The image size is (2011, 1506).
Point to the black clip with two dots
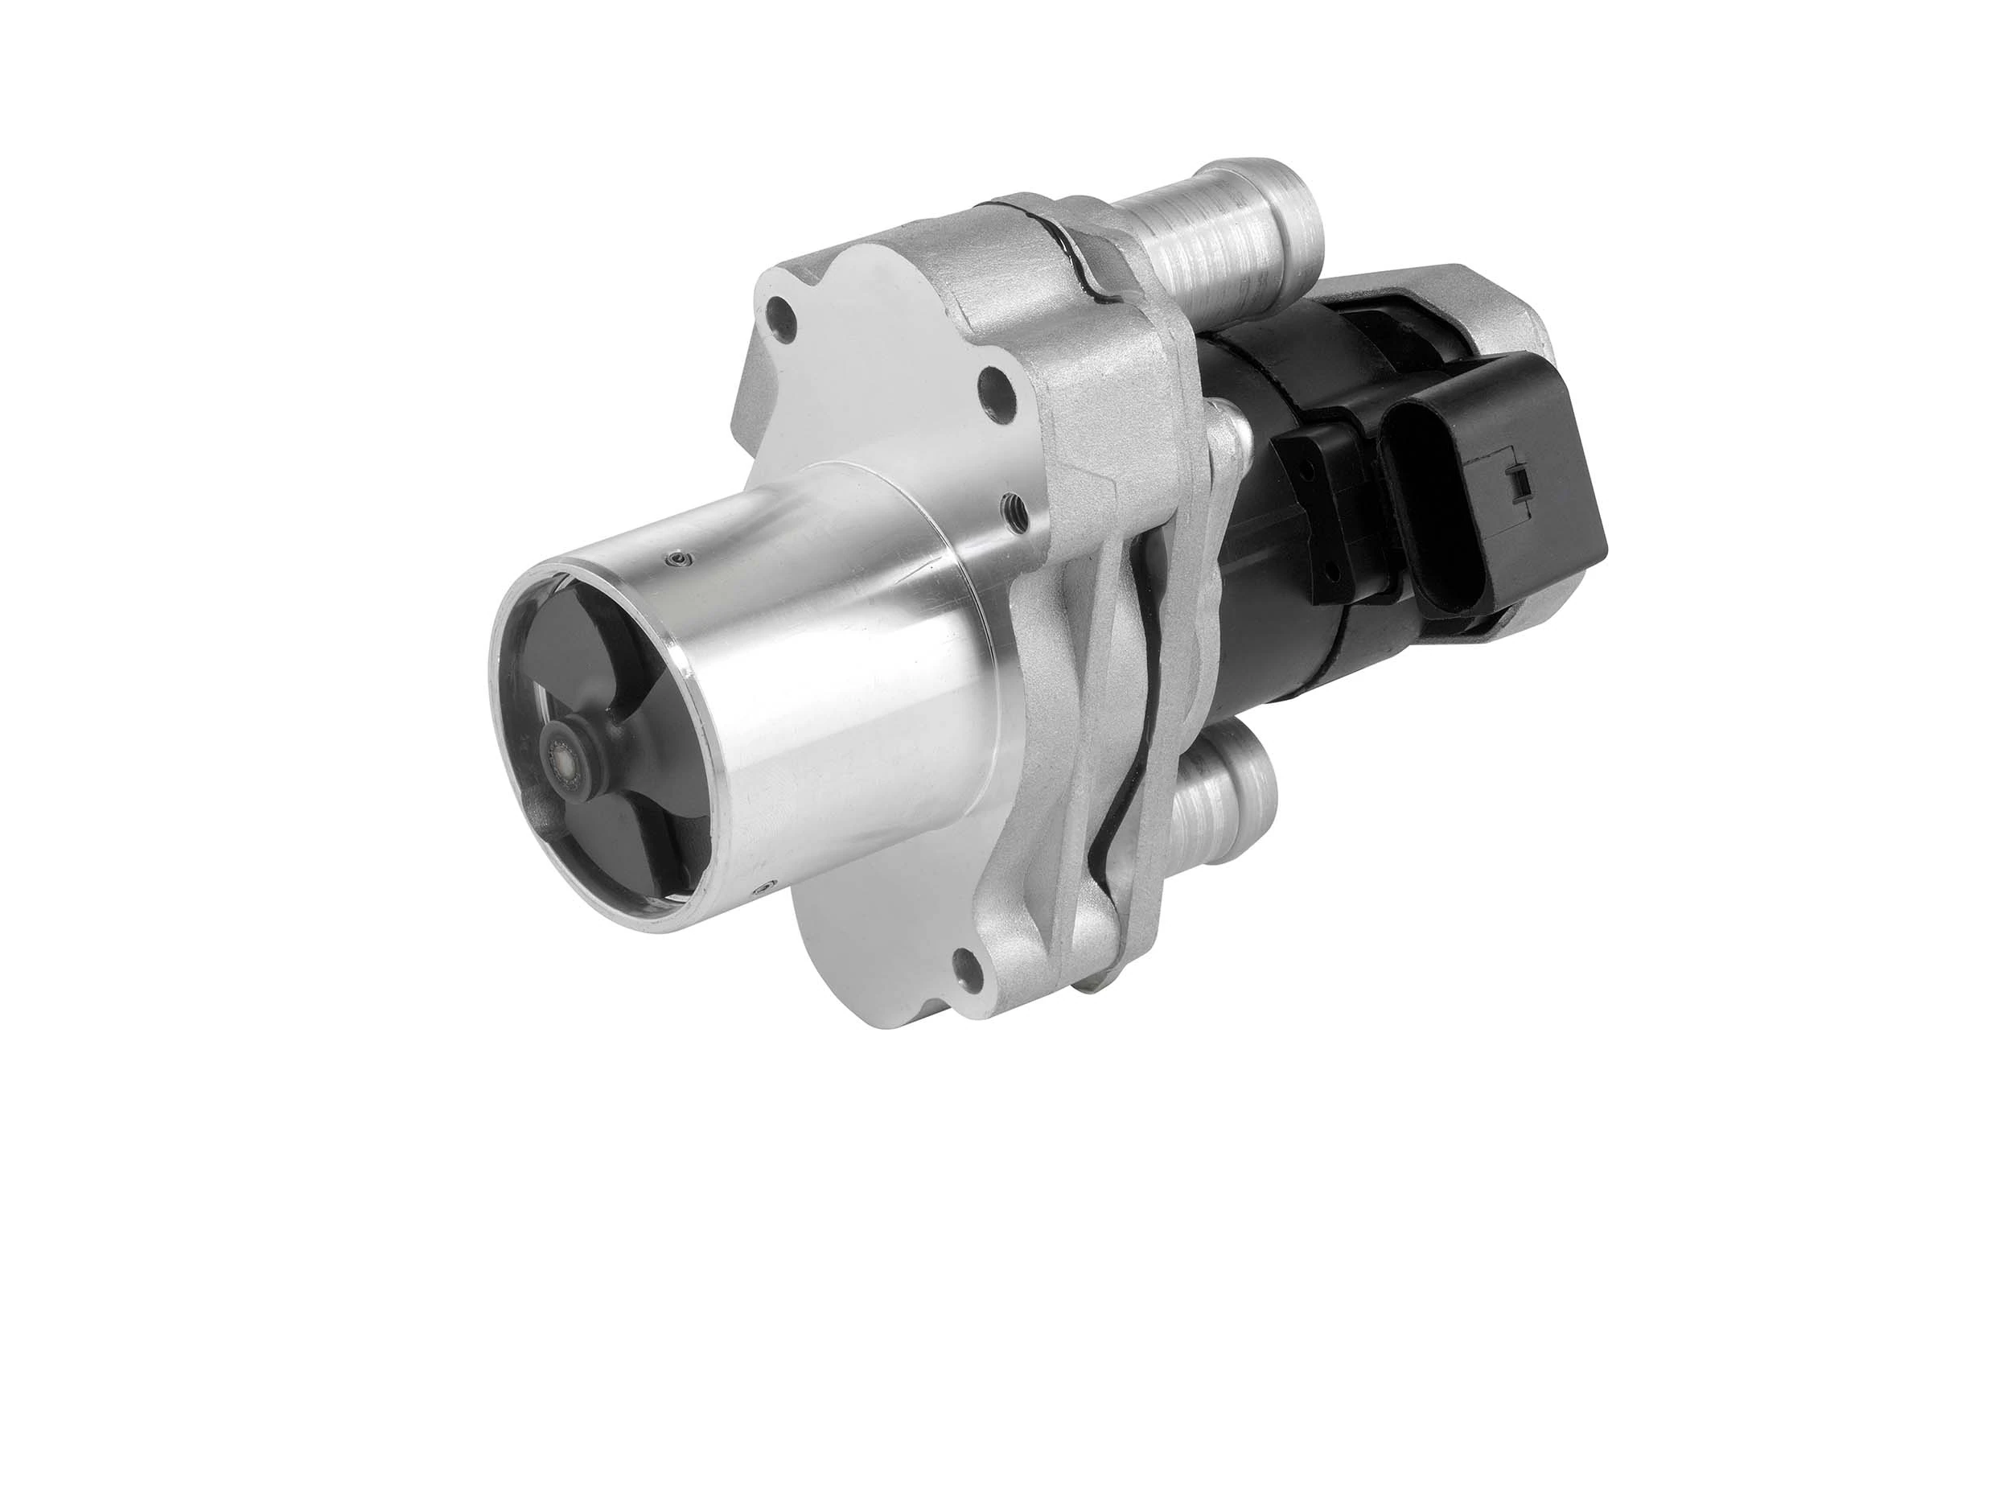pyautogui.click(x=1318, y=509)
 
